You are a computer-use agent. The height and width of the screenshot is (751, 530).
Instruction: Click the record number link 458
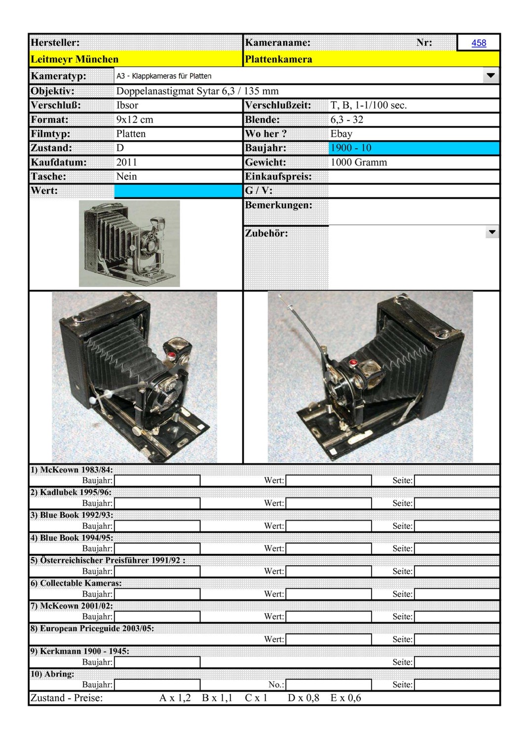click(x=478, y=43)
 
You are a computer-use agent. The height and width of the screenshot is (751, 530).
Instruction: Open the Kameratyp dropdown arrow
click(x=491, y=76)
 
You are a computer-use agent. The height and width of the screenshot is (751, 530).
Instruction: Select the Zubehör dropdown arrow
click(x=492, y=232)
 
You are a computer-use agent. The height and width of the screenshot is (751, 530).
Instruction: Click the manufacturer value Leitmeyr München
click(x=75, y=59)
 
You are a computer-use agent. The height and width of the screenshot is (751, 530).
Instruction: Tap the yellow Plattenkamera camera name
click(x=279, y=59)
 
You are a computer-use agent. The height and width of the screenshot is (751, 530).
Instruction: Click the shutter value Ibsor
click(x=127, y=105)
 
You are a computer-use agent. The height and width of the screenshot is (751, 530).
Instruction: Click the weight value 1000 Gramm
click(x=359, y=162)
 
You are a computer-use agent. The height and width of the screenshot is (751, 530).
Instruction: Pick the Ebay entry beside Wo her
click(x=341, y=134)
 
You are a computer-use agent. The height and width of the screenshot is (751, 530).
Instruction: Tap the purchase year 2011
click(x=127, y=162)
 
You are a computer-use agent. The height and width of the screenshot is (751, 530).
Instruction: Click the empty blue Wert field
click(x=178, y=191)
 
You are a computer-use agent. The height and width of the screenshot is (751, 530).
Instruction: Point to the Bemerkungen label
click(x=279, y=205)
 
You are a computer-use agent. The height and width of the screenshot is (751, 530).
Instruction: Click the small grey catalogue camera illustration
click(x=129, y=243)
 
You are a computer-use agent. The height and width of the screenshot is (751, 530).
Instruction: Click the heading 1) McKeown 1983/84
click(x=72, y=469)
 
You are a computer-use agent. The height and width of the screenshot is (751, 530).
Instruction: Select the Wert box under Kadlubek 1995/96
click(x=328, y=503)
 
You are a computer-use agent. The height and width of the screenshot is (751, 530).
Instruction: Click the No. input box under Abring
click(x=328, y=684)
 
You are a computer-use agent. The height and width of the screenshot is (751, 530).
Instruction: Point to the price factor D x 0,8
click(x=303, y=698)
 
